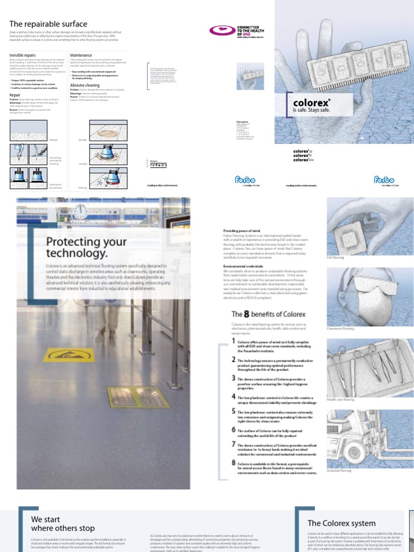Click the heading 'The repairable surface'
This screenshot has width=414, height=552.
point(48,24)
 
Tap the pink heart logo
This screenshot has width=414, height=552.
point(219,30)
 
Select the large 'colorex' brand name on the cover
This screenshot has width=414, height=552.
point(311,102)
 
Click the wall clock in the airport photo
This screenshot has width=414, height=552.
point(81,211)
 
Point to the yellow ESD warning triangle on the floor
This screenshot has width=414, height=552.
point(65,355)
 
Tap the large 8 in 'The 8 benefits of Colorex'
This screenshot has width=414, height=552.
point(247,314)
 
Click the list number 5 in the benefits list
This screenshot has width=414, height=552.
point(233,411)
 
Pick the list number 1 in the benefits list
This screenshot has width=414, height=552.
point(233,341)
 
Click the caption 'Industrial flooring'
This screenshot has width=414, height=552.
point(339,471)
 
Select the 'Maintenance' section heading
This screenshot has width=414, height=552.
point(81,56)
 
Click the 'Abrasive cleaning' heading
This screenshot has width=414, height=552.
point(85,85)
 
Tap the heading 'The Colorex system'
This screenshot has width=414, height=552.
point(334,523)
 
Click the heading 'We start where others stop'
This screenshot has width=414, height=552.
point(63,523)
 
